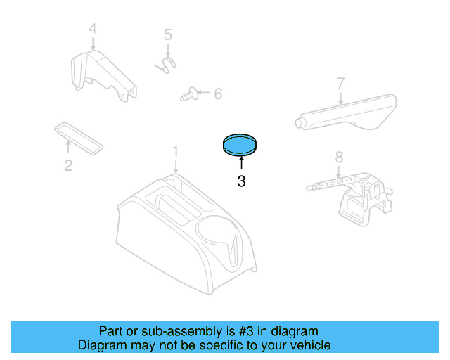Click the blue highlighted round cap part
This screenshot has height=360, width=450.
pos(240,145)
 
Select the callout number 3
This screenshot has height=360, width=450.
pos(241,181)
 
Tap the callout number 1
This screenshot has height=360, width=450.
pos(176,151)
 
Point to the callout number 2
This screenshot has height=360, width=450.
pos(68,166)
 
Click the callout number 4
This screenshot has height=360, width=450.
pos(92,29)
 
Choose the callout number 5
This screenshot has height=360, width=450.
pos(167,34)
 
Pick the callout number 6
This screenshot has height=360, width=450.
pos(217,93)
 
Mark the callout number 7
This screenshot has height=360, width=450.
pos(340,84)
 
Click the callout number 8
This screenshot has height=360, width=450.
pos(338,157)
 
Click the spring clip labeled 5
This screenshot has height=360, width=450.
pos(165,64)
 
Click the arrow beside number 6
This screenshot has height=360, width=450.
pos(204,93)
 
